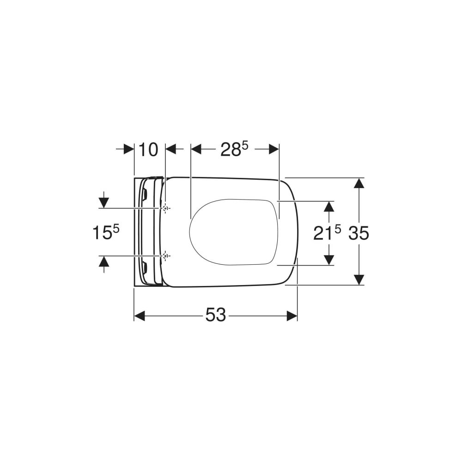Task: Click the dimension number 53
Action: pos(215,315)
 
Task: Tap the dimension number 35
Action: pos(359,233)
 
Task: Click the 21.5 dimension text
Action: pos(327,233)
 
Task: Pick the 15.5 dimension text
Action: pos(106,232)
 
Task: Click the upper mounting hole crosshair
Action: pos(166,208)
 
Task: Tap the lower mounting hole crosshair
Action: pos(166,256)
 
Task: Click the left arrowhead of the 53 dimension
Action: pos(140,316)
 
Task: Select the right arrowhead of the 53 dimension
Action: pos(292,316)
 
